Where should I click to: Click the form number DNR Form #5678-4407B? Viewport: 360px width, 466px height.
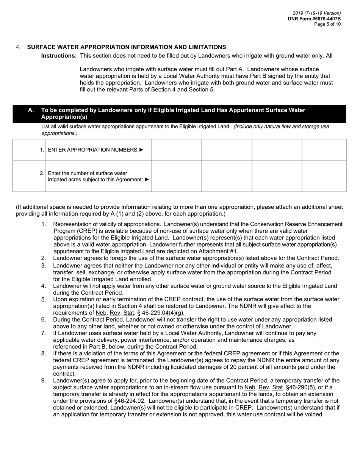[x=314, y=19]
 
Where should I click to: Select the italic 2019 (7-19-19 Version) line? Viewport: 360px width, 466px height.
[x=316, y=13]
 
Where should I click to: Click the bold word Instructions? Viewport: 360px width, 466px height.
[x=59, y=56]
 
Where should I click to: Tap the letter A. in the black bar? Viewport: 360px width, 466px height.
[x=31, y=110]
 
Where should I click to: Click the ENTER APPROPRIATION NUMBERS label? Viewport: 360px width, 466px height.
[x=93, y=150]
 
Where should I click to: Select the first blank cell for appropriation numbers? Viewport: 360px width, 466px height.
[x=177, y=150]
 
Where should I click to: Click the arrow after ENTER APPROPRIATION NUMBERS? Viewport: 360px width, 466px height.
[x=142, y=150]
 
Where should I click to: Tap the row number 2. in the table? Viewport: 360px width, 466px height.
[x=42, y=173]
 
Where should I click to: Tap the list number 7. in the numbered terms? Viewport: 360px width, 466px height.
[x=44, y=333]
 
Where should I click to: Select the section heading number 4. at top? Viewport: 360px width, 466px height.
[x=18, y=47]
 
